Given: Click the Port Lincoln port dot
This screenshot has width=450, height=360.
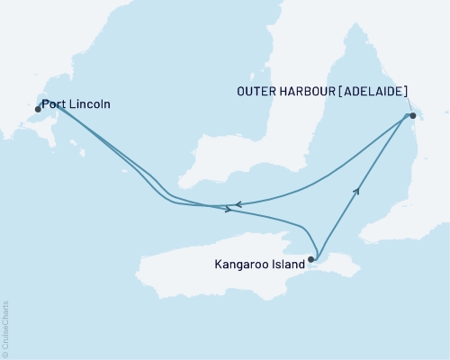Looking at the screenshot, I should pyautogui.click(x=38, y=109).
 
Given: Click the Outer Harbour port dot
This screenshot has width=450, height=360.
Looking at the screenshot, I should pyautogui.click(x=413, y=116).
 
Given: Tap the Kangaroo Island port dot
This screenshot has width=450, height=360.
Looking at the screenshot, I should pyautogui.click(x=311, y=260).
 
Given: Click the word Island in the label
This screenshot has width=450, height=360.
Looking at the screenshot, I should pyautogui.click(x=289, y=265).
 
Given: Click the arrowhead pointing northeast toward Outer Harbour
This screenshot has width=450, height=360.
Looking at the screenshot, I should pyautogui.click(x=358, y=189).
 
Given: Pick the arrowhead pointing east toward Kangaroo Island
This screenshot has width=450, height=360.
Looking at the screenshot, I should pyautogui.click(x=229, y=210).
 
